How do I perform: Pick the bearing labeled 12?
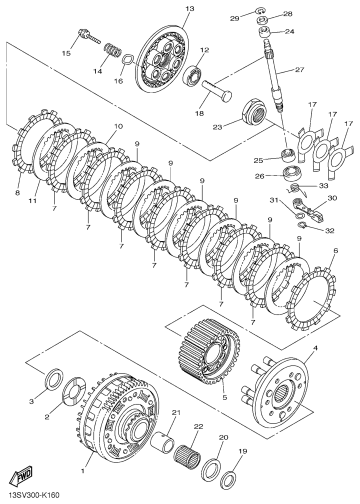click(192, 74)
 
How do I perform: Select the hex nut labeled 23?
click(254, 112)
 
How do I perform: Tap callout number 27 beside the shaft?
click(299, 70)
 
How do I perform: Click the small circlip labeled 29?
click(260, 11)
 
